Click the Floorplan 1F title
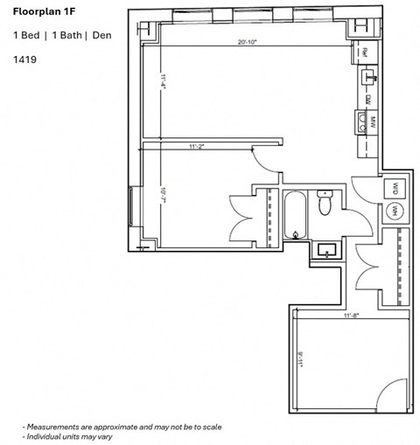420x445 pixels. tap(43, 12)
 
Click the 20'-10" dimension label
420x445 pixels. tap(248, 44)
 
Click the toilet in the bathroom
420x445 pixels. tap(324, 205)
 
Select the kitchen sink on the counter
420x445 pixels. tap(364, 81)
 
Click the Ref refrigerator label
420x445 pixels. tap(364, 53)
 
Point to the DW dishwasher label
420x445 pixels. tap(369, 99)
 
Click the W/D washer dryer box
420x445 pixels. tap(395, 188)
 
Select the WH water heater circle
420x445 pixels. tap(395, 210)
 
